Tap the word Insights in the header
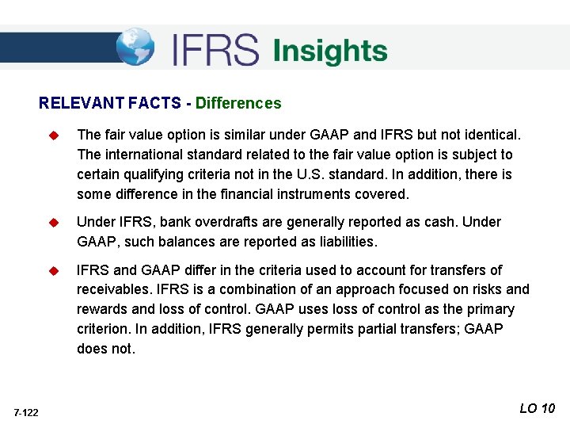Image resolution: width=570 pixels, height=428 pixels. (x=330, y=51)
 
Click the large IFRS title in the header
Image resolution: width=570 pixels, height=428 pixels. (x=215, y=50)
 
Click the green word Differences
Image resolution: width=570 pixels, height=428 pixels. (x=238, y=103)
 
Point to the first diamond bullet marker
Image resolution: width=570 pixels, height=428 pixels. (x=54, y=135)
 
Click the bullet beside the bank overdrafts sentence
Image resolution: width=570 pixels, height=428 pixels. (x=54, y=223)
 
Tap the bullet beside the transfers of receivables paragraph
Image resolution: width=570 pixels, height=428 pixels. (x=54, y=270)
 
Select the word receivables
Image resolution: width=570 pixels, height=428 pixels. (x=112, y=289)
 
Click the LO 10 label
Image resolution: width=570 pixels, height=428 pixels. (x=538, y=408)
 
